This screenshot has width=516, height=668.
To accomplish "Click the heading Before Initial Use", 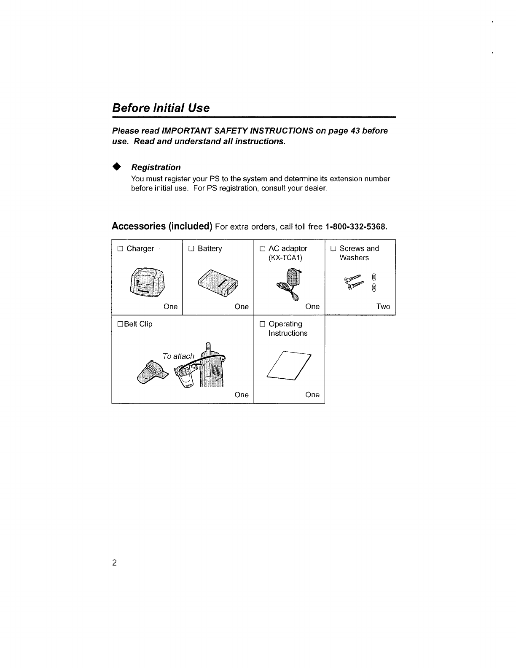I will pyautogui.click(x=161, y=108).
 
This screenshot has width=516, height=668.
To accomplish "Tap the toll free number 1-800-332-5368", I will pyautogui.click(x=356, y=226).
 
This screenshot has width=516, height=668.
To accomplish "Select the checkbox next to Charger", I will pyautogui.click(x=120, y=249).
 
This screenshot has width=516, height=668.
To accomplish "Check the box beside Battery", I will pyautogui.click(x=191, y=249).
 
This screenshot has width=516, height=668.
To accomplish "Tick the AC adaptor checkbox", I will pyautogui.click(x=262, y=249).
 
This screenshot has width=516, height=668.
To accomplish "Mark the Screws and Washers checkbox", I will pyautogui.click(x=333, y=249).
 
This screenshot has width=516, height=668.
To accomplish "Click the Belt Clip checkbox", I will pyautogui.click(x=120, y=324).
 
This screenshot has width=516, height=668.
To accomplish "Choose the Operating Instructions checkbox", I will pyautogui.click(x=262, y=324).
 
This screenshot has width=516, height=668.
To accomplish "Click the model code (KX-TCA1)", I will pyautogui.click(x=285, y=258).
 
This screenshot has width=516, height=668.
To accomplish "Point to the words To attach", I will pyautogui.click(x=178, y=356).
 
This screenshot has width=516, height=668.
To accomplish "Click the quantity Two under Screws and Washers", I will pyautogui.click(x=383, y=307).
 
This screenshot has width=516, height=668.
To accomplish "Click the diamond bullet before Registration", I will pyautogui.click(x=117, y=167).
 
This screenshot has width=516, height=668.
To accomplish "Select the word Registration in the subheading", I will pyautogui.click(x=156, y=167).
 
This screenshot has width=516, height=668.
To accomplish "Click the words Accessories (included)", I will pyautogui.click(x=161, y=226).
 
